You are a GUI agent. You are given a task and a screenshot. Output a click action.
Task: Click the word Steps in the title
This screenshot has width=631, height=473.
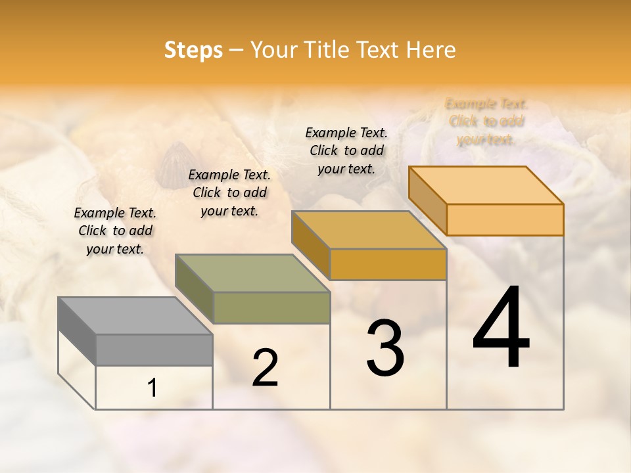coord(193,50)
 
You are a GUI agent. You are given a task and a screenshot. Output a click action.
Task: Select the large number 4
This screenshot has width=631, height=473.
coord(502,328)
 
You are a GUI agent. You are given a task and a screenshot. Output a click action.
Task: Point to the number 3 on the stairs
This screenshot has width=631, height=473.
coord(385,348)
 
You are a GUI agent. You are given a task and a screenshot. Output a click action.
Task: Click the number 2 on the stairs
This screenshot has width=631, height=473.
coord(265,368)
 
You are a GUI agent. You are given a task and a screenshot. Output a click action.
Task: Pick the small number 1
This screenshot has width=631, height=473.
coord(152,388)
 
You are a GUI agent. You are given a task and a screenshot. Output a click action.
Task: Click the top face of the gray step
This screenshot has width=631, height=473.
coord(135,316)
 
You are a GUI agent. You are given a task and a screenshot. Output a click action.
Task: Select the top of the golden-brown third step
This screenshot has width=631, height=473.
coord(369,230)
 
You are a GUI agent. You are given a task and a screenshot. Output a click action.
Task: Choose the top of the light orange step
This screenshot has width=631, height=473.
coord(486,185)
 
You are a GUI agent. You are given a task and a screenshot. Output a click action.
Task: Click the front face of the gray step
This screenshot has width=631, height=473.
coord(154,349)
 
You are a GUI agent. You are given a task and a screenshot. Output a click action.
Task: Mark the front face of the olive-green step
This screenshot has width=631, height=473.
coord(271,307)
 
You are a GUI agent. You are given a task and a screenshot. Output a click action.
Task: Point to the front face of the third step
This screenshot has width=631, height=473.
coord(388,264)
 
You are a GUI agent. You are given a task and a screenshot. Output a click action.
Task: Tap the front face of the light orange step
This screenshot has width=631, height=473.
coord(505,219)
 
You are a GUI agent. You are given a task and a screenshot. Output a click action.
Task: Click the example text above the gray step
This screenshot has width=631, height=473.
coord(115,231)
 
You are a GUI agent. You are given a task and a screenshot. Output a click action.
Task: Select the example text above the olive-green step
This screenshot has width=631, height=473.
coord(229,193)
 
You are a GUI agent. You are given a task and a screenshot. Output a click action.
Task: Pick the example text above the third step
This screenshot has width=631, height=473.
coord(346,150)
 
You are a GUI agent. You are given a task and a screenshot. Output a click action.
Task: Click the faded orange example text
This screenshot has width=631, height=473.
coord(486,122)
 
